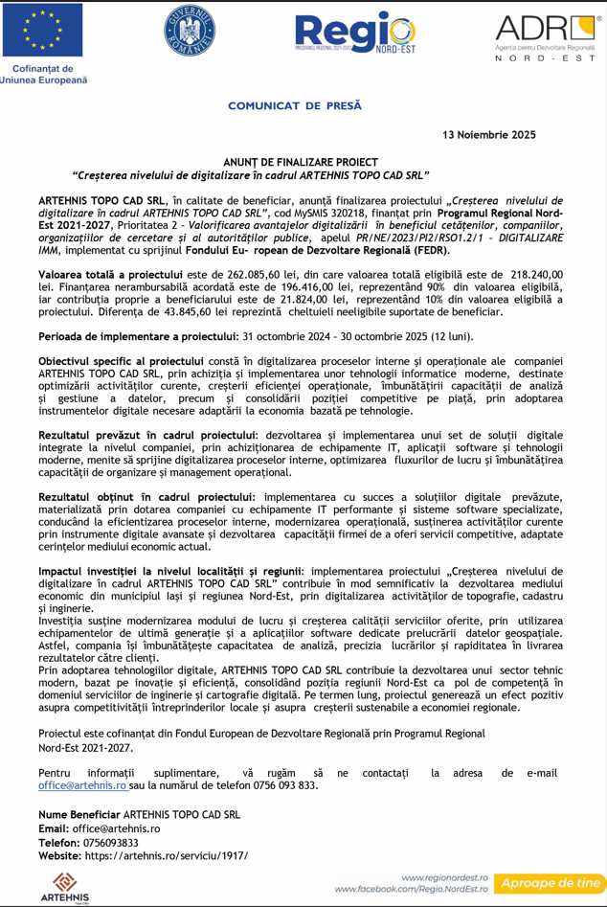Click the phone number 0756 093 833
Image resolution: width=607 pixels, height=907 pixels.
tap(286, 785)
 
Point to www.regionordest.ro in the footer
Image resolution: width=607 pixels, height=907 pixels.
tap(445, 877)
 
